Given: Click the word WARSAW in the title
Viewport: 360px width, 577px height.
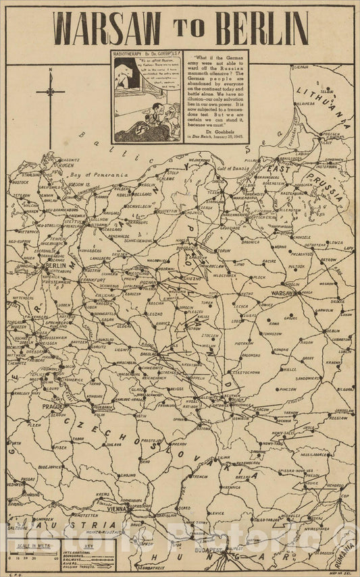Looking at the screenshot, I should [x=107, y=29].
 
